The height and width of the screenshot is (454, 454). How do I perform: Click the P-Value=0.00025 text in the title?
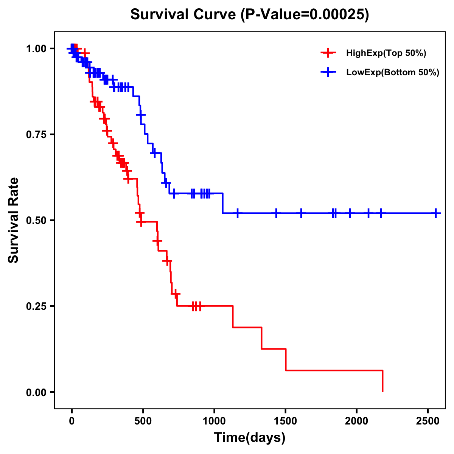pyautogui.click(x=305, y=15)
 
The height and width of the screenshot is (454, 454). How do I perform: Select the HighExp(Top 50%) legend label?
pyautogui.click(x=386, y=53)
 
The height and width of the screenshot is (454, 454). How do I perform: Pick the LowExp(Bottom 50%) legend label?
pyautogui.click(x=393, y=72)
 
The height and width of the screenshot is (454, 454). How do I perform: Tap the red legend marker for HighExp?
pyautogui.click(x=328, y=53)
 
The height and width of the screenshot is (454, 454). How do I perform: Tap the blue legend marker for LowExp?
pyautogui.click(x=328, y=72)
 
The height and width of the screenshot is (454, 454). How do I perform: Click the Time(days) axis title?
pyautogui.click(x=250, y=438)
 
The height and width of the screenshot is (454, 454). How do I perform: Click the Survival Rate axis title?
pyautogui.click(x=14, y=220)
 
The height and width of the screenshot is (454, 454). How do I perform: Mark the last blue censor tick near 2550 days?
pyautogui.click(x=436, y=213)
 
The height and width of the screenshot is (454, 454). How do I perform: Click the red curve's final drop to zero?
pyautogui.click(x=382, y=381)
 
